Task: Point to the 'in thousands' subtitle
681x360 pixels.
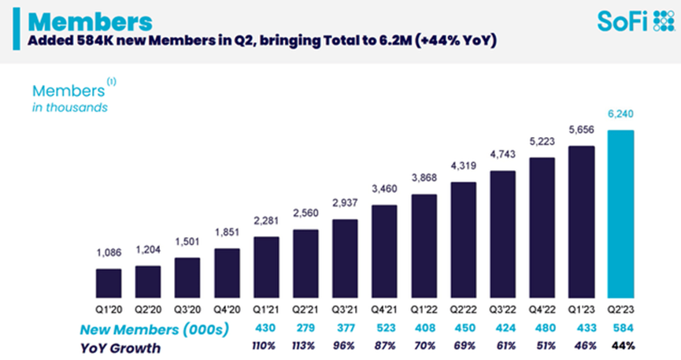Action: (x=70, y=107)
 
